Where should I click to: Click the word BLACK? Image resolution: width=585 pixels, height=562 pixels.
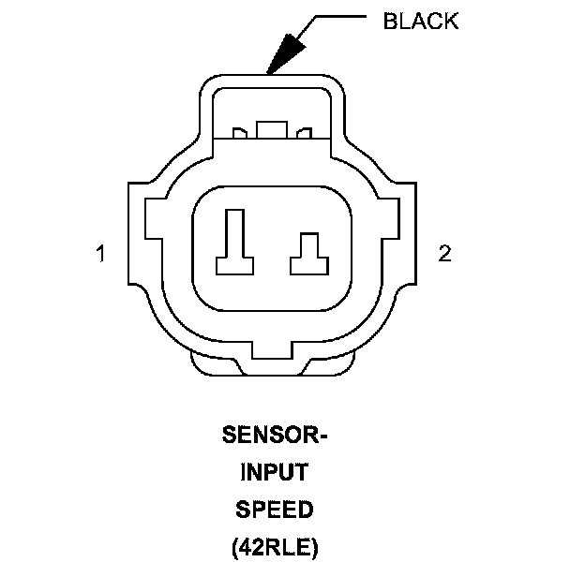[421, 21]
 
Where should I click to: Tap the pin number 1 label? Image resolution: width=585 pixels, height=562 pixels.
[100, 254]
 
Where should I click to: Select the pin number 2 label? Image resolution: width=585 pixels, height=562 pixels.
[444, 254]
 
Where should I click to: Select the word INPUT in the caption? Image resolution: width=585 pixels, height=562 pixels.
[274, 472]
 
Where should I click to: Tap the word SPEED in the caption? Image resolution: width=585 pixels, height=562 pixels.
[274, 510]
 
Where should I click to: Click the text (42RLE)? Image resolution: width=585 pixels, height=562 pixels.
[274, 546]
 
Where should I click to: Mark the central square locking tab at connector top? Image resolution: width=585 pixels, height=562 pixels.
[272, 129]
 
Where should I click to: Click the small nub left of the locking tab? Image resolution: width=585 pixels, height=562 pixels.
[239, 134]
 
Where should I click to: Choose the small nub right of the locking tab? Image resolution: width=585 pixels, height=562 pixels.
[304, 134]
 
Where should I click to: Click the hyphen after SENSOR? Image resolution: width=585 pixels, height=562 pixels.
[324, 436]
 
